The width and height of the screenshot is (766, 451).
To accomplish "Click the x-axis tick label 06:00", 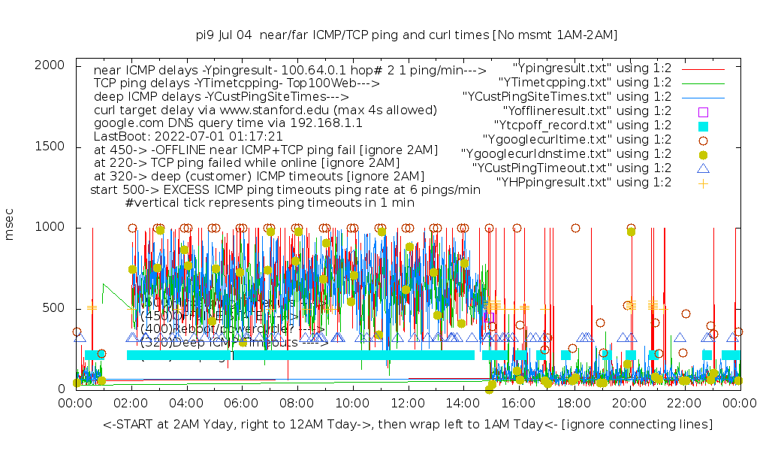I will tap(241, 404).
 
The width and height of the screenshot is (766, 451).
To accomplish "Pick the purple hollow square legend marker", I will tap(703, 111).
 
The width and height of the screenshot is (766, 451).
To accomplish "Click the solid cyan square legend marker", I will tap(703, 126).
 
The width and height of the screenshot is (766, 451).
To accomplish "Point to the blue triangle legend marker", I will tap(703, 168).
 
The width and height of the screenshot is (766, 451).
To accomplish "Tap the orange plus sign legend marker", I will tap(703, 183).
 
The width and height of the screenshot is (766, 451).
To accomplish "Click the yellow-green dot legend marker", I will tap(703, 154).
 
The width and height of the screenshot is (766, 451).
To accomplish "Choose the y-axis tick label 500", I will tap(55, 308).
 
